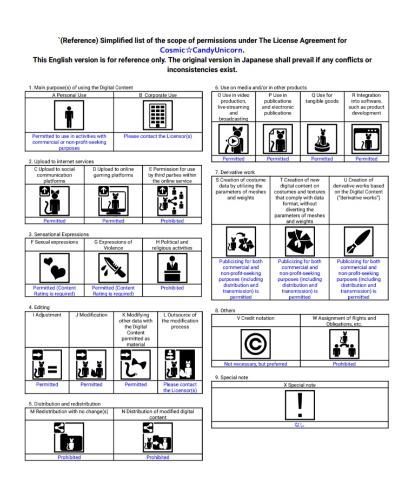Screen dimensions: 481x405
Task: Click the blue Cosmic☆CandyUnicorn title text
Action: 202,50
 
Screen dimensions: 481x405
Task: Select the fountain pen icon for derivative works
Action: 358,241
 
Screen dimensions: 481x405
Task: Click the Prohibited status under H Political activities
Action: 172,288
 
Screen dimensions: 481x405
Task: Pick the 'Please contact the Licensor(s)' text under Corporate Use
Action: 157,136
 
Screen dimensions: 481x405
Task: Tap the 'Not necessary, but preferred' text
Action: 255,364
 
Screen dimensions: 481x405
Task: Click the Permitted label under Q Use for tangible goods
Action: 322,159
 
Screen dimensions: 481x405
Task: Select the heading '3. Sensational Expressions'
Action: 58,234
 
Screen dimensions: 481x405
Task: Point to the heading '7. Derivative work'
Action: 235,172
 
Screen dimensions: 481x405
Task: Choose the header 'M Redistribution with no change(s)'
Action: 69,411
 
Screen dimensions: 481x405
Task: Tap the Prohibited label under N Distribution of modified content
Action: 157,457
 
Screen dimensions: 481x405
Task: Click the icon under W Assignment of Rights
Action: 344,344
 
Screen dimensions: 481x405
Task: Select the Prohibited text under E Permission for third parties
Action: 172,221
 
